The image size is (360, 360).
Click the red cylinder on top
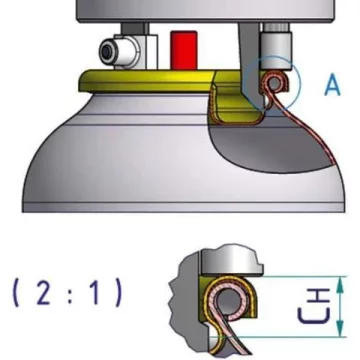click(183, 50)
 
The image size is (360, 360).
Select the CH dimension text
click(314, 306)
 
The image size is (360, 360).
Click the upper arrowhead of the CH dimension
click(340, 282)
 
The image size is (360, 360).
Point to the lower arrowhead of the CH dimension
click(340, 329)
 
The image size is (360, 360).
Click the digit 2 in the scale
click(44, 293)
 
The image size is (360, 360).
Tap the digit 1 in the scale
click(95, 293)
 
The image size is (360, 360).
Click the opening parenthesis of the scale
click(17, 293)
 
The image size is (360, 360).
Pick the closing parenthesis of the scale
click(118, 293)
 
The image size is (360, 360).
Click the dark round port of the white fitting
click(107, 52)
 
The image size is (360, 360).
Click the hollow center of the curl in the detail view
click(230, 302)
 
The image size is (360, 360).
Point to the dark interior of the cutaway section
click(267, 147)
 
